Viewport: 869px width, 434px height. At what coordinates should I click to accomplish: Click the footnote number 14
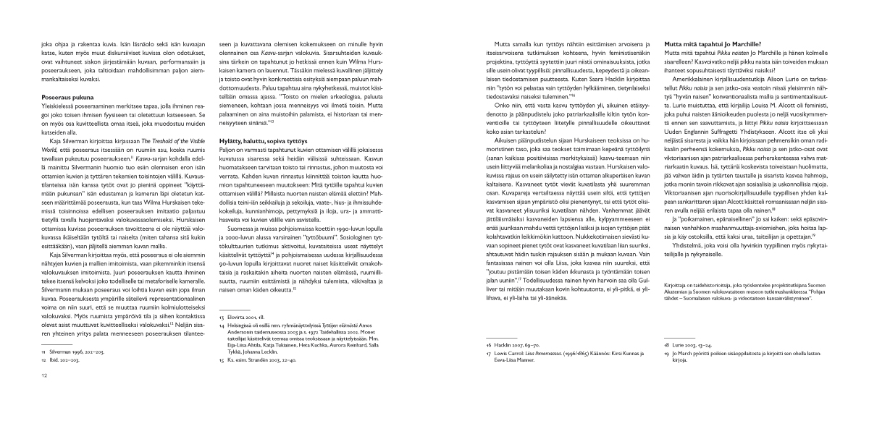coord(221,346)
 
